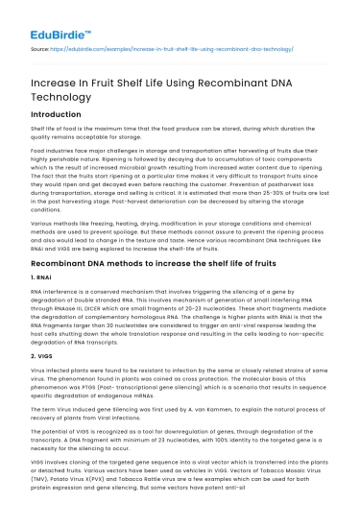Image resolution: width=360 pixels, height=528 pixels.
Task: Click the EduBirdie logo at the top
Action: (59, 18)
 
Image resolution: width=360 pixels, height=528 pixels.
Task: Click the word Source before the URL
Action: (41, 46)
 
